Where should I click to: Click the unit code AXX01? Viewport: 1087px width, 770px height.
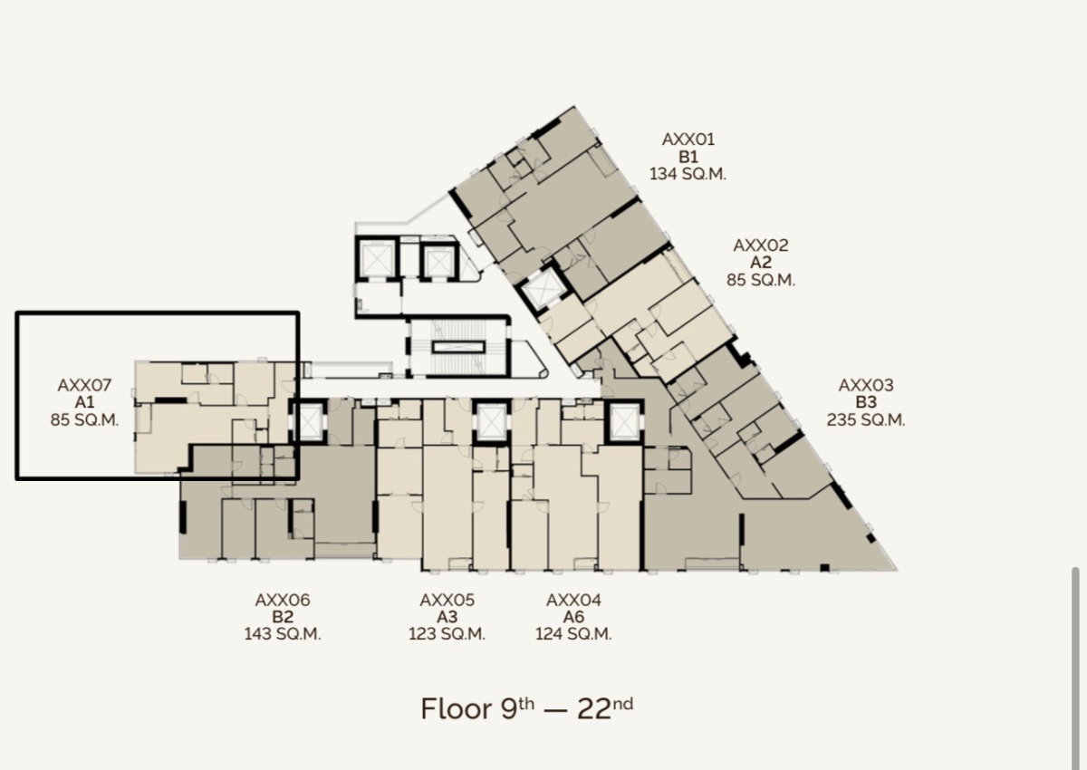(x=688, y=140)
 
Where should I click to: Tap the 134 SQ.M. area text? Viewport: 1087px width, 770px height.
(x=688, y=174)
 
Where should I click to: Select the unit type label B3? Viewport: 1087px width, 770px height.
(x=866, y=402)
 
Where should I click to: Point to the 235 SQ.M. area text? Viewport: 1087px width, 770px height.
(x=866, y=419)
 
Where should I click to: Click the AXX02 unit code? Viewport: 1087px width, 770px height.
(x=760, y=245)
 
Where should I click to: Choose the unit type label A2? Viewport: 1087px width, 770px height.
(x=760, y=263)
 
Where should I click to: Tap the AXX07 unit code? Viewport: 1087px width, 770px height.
(x=84, y=385)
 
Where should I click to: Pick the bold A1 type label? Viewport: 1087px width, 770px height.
(x=84, y=402)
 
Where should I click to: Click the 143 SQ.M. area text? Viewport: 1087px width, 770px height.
(x=283, y=634)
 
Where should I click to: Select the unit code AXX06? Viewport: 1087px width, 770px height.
(x=283, y=601)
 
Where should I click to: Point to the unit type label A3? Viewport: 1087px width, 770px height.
(x=447, y=617)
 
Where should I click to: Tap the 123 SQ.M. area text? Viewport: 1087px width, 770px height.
(x=447, y=634)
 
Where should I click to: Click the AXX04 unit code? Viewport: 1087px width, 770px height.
(x=573, y=601)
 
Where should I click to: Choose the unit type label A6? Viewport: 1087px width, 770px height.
(x=573, y=617)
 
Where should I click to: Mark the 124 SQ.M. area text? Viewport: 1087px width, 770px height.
(x=573, y=634)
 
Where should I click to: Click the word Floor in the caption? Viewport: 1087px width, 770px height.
(x=457, y=709)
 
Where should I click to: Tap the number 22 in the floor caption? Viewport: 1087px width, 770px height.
(x=594, y=709)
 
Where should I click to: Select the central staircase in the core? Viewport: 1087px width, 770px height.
(x=458, y=347)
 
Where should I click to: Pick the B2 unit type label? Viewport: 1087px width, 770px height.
(x=283, y=617)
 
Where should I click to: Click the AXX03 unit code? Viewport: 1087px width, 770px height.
(x=866, y=385)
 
